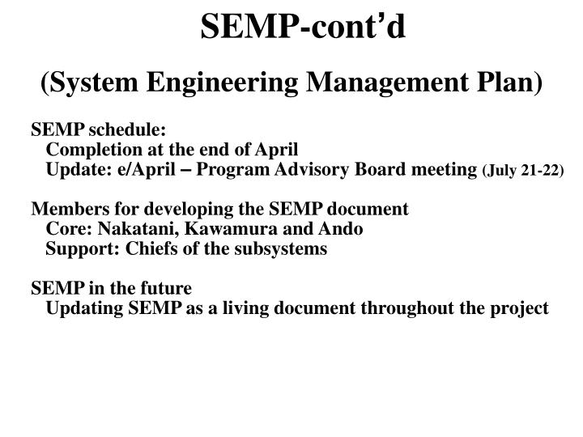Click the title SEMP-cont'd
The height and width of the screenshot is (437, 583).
coord(304,28)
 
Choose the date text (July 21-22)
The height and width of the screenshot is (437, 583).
coord(523,170)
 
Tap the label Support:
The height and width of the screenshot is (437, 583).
coord(77,248)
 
